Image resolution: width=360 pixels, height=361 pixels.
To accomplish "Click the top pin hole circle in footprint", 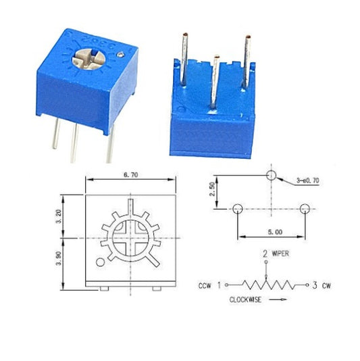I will point(271,176).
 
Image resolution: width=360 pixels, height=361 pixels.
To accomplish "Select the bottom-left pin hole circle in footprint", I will point(236,210).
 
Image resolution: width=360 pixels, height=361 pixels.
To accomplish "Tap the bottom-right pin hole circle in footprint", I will point(305,210).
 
